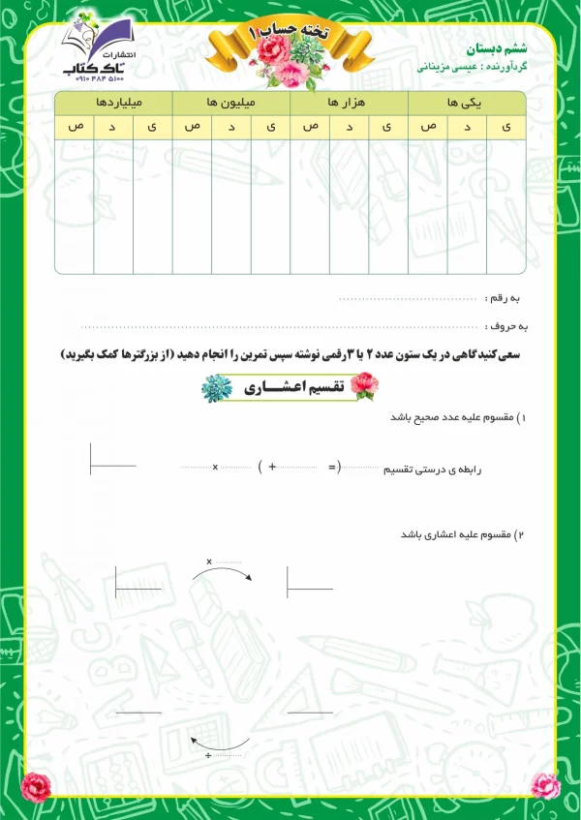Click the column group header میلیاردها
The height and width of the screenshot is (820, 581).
coord(113,102)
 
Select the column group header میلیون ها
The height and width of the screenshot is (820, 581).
coord(230,102)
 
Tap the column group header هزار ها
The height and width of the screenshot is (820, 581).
coord(349,102)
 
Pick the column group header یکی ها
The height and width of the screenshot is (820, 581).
coord(467,102)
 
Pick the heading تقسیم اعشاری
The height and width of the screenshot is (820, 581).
coord(289,387)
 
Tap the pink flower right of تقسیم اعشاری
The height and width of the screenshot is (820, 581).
coord(363,387)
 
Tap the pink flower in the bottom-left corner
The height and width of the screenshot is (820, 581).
coord(36,786)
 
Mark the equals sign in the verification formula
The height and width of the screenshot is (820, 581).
coord(332,468)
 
